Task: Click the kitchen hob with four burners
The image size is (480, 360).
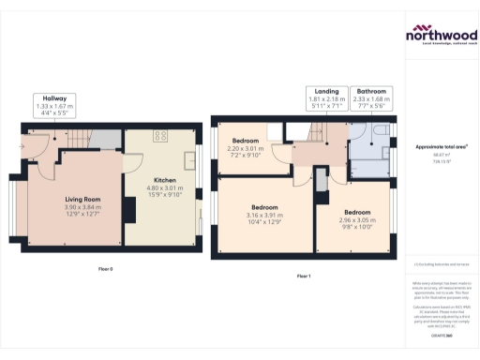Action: point(160,136)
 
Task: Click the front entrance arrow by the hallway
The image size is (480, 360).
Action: point(22,145)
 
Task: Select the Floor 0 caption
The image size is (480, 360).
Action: point(105,269)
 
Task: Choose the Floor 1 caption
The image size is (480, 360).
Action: point(303,276)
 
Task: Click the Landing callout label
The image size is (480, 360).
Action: point(327,90)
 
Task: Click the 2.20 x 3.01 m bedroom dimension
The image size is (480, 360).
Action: point(247,148)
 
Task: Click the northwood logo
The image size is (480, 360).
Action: point(442,35)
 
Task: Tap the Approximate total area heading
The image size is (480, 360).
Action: point(442,147)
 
